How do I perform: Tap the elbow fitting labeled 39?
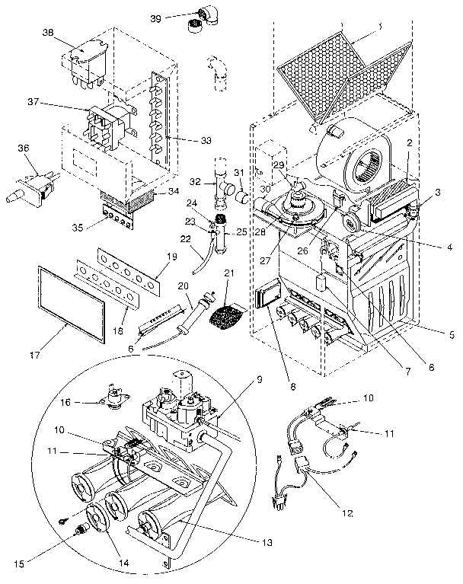coord(203,14)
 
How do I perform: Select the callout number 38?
coord(49,33)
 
